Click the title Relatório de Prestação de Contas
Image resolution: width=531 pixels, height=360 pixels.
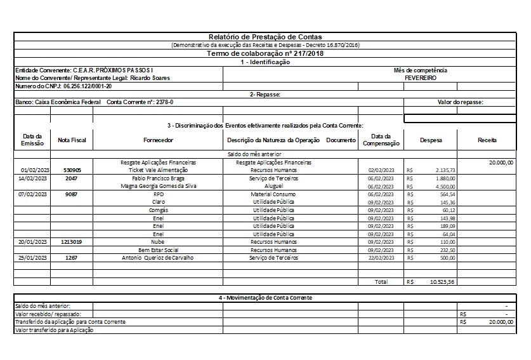pyautogui.click(x=265, y=37)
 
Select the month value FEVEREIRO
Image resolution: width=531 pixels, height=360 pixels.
pyautogui.click(x=420, y=77)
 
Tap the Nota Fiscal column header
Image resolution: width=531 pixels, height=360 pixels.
pyautogui.click(x=72, y=140)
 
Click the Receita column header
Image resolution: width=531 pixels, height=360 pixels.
pyautogui.click(x=487, y=140)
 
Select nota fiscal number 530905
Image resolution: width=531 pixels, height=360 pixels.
pyautogui.click(x=72, y=171)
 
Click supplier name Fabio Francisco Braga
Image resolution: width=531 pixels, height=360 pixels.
pyautogui.click(x=158, y=179)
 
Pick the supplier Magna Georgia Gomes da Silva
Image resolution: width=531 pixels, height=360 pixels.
pyautogui.click(x=158, y=187)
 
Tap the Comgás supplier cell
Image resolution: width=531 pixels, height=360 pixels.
pyautogui.click(x=158, y=210)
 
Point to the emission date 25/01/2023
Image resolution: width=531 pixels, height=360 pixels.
pyautogui.click(x=32, y=258)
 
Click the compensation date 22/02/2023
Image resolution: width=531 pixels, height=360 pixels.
pyautogui.click(x=381, y=258)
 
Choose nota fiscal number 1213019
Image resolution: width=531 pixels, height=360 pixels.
pyautogui.click(x=72, y=242)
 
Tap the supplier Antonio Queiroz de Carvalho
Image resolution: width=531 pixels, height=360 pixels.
pyautogui.click(x=158, y=258)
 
